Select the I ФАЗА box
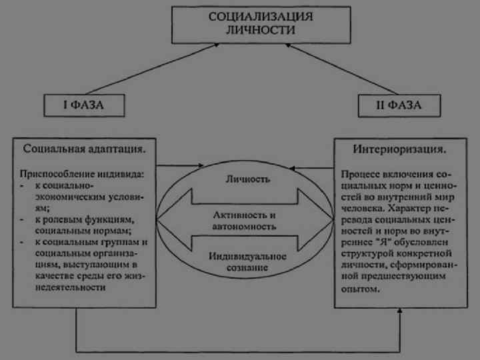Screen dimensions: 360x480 point(84,105)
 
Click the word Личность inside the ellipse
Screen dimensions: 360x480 point(247,179)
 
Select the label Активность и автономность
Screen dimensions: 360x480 point(246,221)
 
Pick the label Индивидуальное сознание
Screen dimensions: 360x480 point(247,262)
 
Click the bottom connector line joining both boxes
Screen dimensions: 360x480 point(240,351)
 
